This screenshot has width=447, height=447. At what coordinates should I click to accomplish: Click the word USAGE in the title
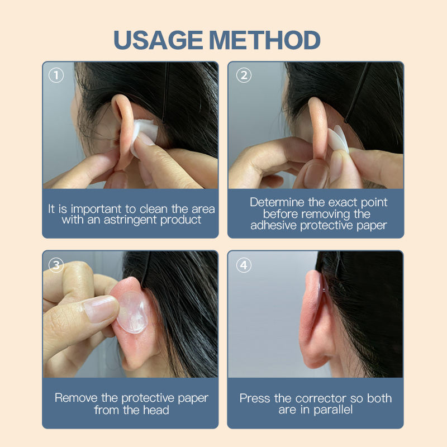(x=158, y=40)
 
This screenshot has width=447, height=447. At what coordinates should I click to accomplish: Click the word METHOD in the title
(x=265, y=40)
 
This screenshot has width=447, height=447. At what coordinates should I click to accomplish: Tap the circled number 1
(x=56, y=75)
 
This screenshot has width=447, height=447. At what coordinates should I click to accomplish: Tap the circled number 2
(x=244, y=75)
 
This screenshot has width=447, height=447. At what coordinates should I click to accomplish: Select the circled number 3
(x=56, y=265)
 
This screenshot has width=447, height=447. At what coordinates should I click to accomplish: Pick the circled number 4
(x=244, y=265)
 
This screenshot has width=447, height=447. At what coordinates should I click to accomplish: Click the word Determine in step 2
(x=277, y=202)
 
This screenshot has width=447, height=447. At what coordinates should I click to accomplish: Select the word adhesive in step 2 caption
(x=273, y=225)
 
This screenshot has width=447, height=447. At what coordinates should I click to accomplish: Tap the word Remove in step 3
(x=76, y=398)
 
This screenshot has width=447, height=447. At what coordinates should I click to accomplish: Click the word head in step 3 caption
(x=156, y=410)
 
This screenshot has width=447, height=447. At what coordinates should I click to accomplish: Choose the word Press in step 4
(x=255, y=398)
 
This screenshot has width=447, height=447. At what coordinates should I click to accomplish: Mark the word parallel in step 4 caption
(x=333, y=410)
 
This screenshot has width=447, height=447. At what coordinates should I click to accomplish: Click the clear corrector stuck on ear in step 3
(x=133, y=312)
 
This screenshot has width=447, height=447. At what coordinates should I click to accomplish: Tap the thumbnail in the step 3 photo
(x=101, y=309)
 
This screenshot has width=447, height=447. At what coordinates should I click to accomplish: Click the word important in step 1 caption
(x=96, y=210)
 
